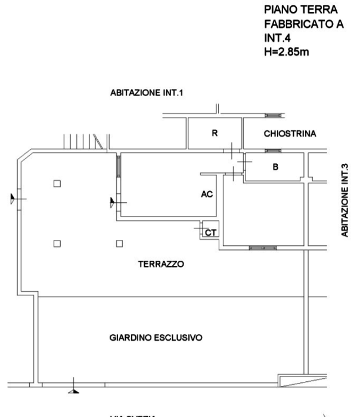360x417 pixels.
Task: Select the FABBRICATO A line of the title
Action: (x=304, y=23)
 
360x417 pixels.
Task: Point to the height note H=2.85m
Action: (x=286, y=52)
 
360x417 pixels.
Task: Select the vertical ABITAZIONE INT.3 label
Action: (x=345, y=201)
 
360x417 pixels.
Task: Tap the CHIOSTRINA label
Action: (x=290, y=134)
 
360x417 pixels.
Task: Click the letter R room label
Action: (x=215, y=134)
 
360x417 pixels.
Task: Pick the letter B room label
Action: (x=275, y=168)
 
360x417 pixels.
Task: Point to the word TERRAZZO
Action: (x=162, y=262)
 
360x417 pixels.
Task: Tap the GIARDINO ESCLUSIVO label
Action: (x=156, y=338)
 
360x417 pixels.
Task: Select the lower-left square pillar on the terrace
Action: (x=57, y=243)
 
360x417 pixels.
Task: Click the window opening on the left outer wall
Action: (x=18, y=199)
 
